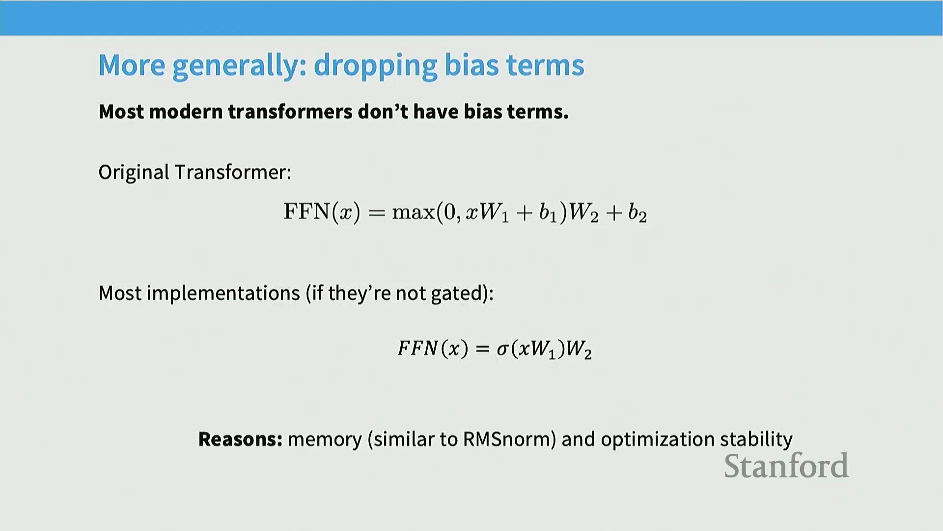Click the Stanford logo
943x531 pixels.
point(786,466)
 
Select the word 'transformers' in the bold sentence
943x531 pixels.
point(290,112)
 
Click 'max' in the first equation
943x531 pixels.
point(414,212)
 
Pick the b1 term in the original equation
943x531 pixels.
point(548,212)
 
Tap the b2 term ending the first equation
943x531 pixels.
point(638,212)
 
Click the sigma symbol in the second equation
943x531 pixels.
point(503,349)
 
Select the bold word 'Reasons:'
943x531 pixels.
point(240,439)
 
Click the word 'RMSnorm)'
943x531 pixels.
point(509,439)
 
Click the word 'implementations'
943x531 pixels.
point(223,294)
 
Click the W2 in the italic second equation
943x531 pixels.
point(579,349)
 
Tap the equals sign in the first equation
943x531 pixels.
point(376,213)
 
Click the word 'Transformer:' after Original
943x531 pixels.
point(233,173)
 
